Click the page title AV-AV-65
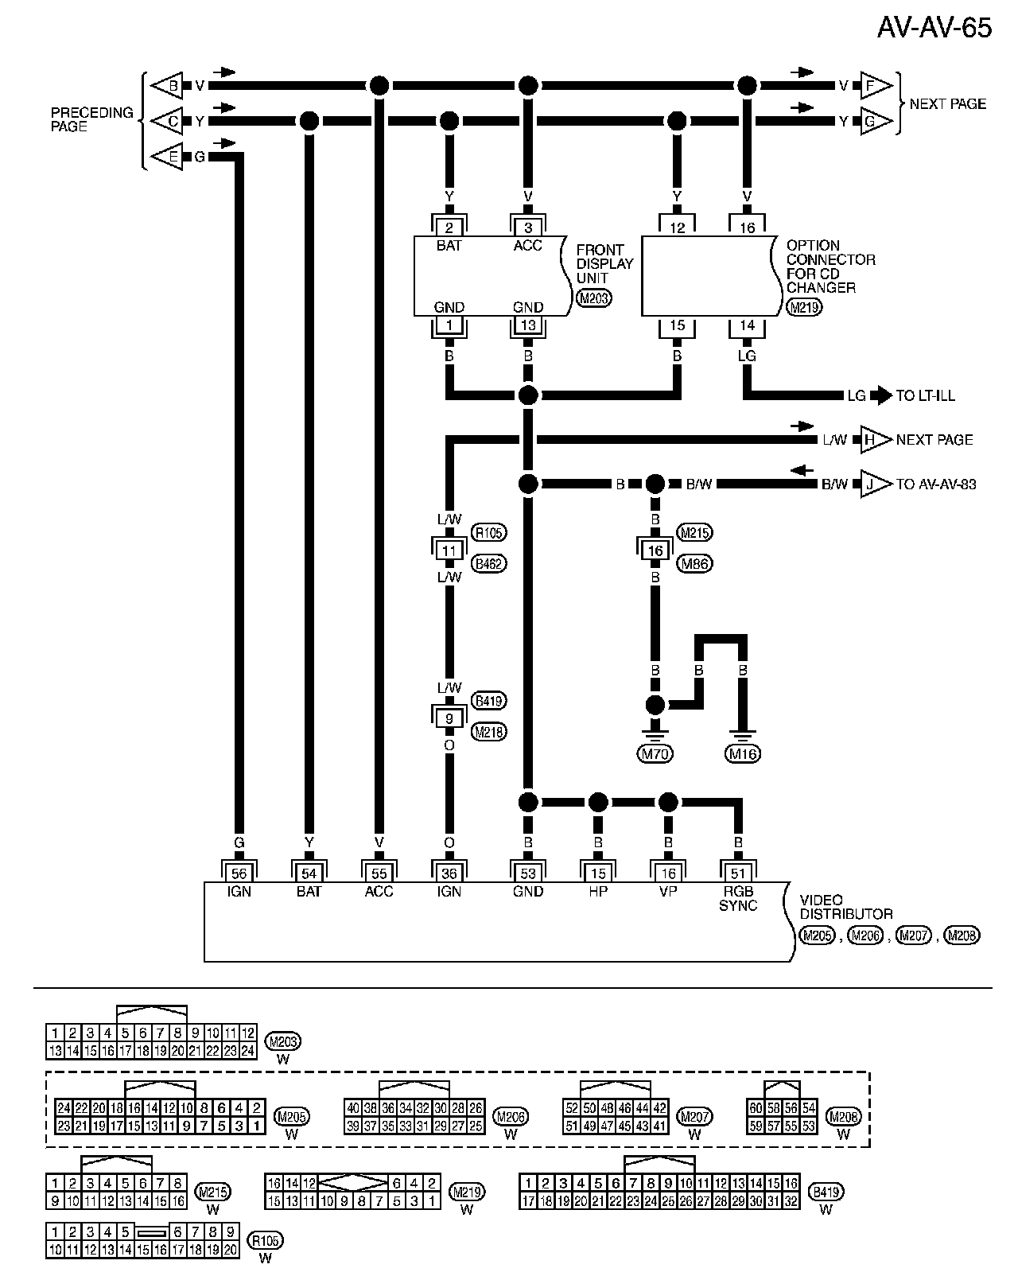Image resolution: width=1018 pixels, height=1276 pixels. click(934, 28)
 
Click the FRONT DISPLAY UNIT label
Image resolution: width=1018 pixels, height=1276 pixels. click(604, 263)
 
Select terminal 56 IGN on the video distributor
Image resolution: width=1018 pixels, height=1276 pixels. click(239, 873)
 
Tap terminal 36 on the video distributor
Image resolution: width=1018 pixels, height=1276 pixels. click(449, 873)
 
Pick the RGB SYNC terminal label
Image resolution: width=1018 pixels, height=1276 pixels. click(738, 898)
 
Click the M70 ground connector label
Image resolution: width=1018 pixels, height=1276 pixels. click(655, 753)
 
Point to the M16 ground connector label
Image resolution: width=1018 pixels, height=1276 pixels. click(743, 753)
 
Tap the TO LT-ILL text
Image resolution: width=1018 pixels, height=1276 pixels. click(925, 395)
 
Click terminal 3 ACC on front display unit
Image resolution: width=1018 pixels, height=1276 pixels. click(527, 228)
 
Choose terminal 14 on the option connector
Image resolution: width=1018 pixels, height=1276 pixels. click(747, 325)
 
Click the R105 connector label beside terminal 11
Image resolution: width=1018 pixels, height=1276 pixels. click(489, 532)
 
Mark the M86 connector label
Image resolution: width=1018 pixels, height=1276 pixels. click(694, 563)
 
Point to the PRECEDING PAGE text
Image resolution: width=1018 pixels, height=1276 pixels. click(91, 119)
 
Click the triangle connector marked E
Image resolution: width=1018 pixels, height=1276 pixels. click(168, 157)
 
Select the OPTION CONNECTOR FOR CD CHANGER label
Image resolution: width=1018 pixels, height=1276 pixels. click(830, 266)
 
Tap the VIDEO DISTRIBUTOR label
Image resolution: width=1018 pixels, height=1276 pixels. click(846, 907)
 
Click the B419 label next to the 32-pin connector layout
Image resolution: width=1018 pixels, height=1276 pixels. click(826, 1192)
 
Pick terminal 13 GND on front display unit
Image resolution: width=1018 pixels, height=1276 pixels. click(527, 325)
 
